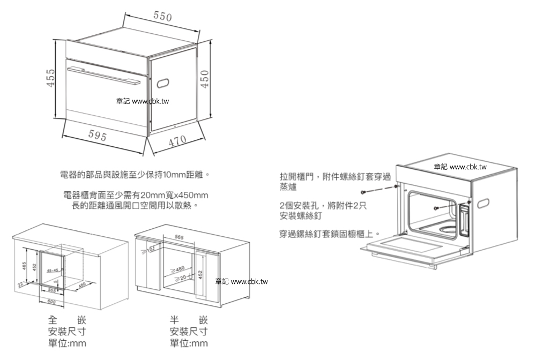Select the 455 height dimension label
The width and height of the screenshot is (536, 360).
coord(50,80)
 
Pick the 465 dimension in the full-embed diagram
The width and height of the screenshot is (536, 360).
coord(25,266)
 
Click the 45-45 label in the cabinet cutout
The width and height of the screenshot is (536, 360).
coord(53,270)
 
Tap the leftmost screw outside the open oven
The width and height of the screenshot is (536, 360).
coord(364,191)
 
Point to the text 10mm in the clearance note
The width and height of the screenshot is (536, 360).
coord(174,174)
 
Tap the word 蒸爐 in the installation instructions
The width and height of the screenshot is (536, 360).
coord(288,188)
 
